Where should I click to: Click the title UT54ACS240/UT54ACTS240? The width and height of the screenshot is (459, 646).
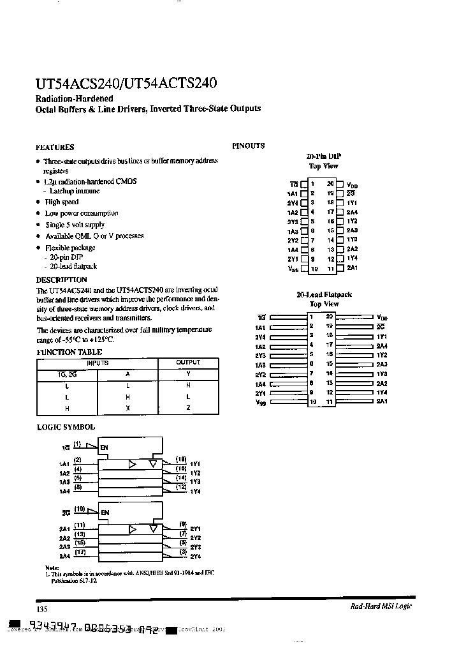coord(126,84)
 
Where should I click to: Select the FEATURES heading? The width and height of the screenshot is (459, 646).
coord(55,147)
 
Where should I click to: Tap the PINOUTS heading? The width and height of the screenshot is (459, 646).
coord(248,146)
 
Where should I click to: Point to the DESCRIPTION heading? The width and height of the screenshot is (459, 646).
coord(61,280)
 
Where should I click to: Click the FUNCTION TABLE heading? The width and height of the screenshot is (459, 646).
coord(69,352)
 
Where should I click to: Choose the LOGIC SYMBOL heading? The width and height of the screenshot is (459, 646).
coord(65,426)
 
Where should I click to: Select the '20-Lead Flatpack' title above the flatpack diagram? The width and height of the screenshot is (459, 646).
coord(323,295)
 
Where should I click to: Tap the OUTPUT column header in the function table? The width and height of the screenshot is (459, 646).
coord(188,363)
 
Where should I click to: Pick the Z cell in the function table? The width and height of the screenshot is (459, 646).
coord(188,408)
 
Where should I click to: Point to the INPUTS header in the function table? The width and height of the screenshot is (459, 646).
coord(97,363)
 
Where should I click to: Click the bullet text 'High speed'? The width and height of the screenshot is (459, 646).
coord(62,202)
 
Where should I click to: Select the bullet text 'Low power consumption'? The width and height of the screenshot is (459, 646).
coord(81,213)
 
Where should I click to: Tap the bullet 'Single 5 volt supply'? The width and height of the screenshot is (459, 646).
coord(75,225)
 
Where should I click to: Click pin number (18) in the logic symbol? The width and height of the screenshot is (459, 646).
coord(181,459)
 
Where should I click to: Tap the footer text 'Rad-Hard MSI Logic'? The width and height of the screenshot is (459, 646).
coord(381,606)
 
